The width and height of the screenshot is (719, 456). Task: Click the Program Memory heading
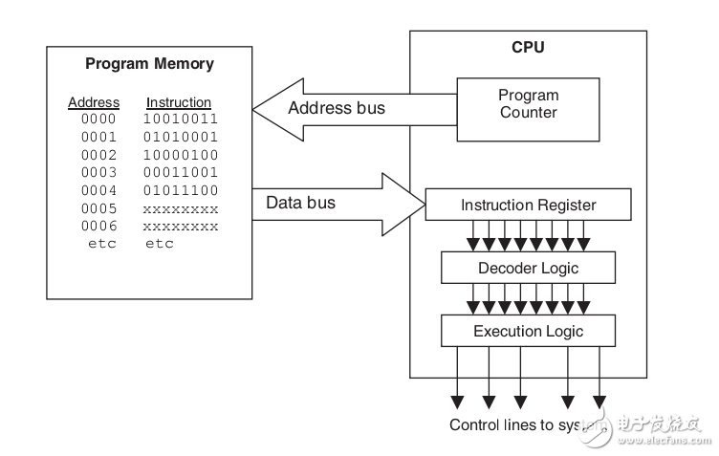pyautogui.click(x=149, y=65)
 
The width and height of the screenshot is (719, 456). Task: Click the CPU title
pyautogui.click(x=528, y=47)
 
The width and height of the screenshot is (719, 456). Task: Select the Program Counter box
pyautogui.click(x=528, y=104)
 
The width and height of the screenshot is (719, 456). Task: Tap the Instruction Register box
pyautogui.click(x=528, y=205)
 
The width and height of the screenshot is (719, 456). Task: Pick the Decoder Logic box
pyautogui.click(x=528, y=268)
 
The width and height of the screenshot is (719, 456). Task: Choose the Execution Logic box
pyautogui.click(x=528, y=332)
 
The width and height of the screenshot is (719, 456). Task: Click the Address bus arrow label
pyautogui.click(x=337, y=108)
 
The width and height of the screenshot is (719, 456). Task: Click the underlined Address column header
pyautogui.click(x=94, y=102)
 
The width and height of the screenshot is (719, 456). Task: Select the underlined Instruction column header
pyautogui.click(x=179, y=102)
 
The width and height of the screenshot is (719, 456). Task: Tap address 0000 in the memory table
pyautogui.click(x=98, y=119)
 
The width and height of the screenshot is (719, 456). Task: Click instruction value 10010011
pyautogui.click(x=181, y=119)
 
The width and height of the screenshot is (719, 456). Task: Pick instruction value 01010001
pyautogui.click(x=181, y=137)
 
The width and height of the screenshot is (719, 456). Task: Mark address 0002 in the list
pyautogui.click(x=98, y=155)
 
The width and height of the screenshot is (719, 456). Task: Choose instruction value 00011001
pyautogui.click(x=181, y=172)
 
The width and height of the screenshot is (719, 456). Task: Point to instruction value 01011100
pyautogui.click(x=181, y=190)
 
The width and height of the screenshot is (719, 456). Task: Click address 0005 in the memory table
pyautogui.click(x=98, y=208)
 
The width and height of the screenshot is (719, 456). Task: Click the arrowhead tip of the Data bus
pyautogui.click(x=423, y=203)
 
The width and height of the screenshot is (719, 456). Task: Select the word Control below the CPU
pyautogui.click(x=474, y=424)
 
